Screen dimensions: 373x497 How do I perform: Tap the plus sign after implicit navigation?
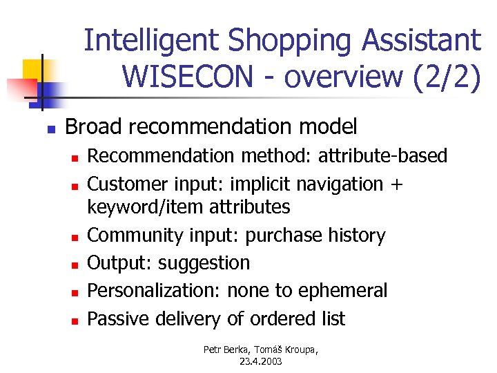397,185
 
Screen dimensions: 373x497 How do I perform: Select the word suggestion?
204,263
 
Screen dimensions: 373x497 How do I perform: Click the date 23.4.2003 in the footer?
262,361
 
